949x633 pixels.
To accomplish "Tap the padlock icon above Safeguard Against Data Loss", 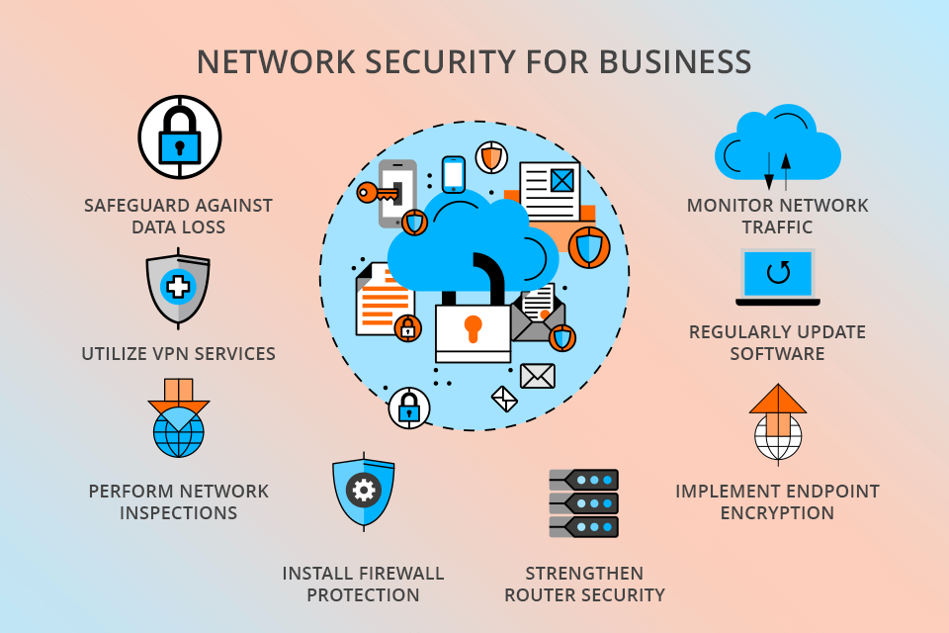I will pos(179,137).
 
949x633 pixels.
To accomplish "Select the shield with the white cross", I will pos(178,288).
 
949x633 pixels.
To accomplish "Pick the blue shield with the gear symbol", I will pos(364,489).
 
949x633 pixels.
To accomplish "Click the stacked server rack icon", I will pos(583,503).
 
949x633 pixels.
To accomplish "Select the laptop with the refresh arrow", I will pos(778,276).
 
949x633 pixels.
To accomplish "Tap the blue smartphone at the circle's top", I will pos(453,174).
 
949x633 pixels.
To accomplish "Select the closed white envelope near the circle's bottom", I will pos(537,376).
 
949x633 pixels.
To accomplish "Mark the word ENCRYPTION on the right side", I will pos(777,513).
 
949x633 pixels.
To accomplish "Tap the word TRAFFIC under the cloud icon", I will pos(777,227).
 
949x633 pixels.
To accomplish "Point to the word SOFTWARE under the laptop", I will pos(777,353).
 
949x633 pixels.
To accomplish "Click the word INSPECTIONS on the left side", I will pos(178,513).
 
